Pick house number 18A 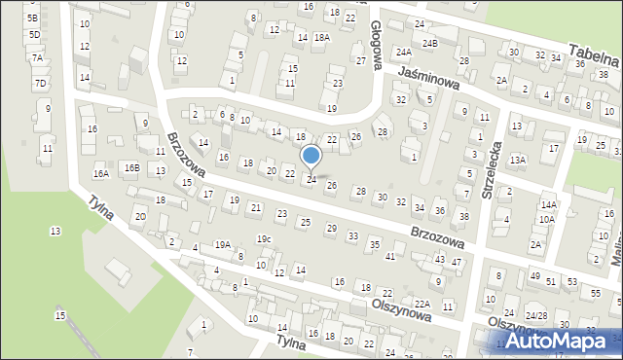point(322,37)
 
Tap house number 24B point(430,44)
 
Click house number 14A point(550,204)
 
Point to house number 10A point(547,219)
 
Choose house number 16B point(131,168)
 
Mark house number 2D point(141,216)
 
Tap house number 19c point(264,238)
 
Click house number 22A point(421,304)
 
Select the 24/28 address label point(536,316)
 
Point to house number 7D point(40,83)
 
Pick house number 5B point(33,18)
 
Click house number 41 point(390,256)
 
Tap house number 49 point(534,277)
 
